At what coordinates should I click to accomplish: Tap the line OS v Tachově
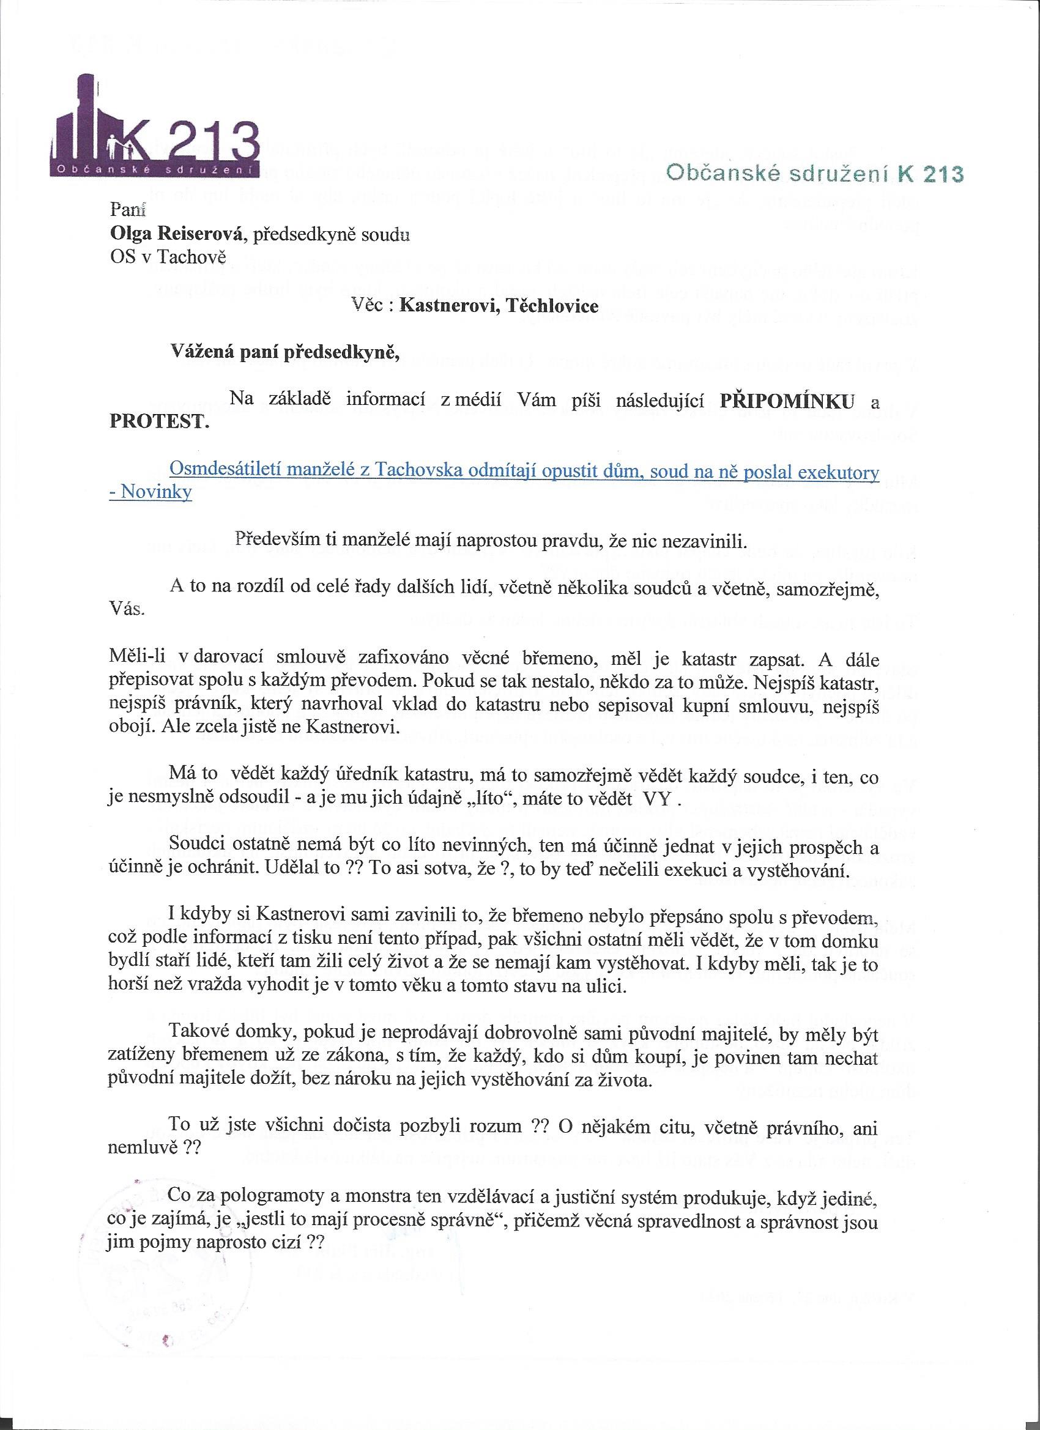[167, 259]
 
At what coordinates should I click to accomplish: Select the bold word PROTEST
[159, 422]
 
